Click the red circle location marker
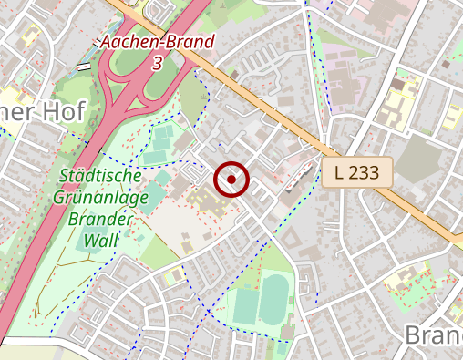[x=231, y=180]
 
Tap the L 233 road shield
[x=356, y=171]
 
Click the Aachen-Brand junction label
[x=158, y=42]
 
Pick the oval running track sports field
[x=273, y=298]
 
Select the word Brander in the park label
[x=101, y=218]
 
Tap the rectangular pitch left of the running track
[x=244, y=305]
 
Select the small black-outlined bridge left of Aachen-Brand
[x=84, y=66]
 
